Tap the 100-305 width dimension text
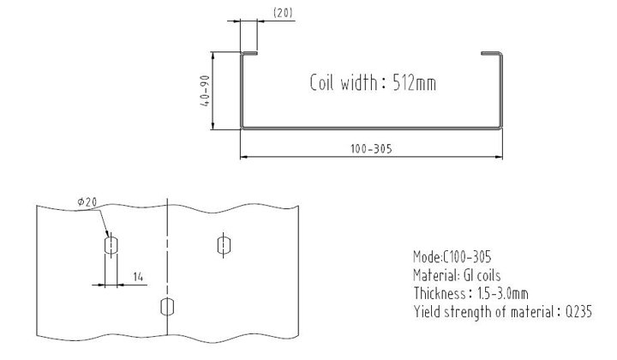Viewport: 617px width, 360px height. tap(371, 147)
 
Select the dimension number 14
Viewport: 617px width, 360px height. tap(138, 276)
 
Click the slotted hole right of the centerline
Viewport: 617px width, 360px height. tap(223, 245)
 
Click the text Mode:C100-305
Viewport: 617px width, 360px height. tap(452, 256)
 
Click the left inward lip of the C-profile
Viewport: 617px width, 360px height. tap(249, 56)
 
